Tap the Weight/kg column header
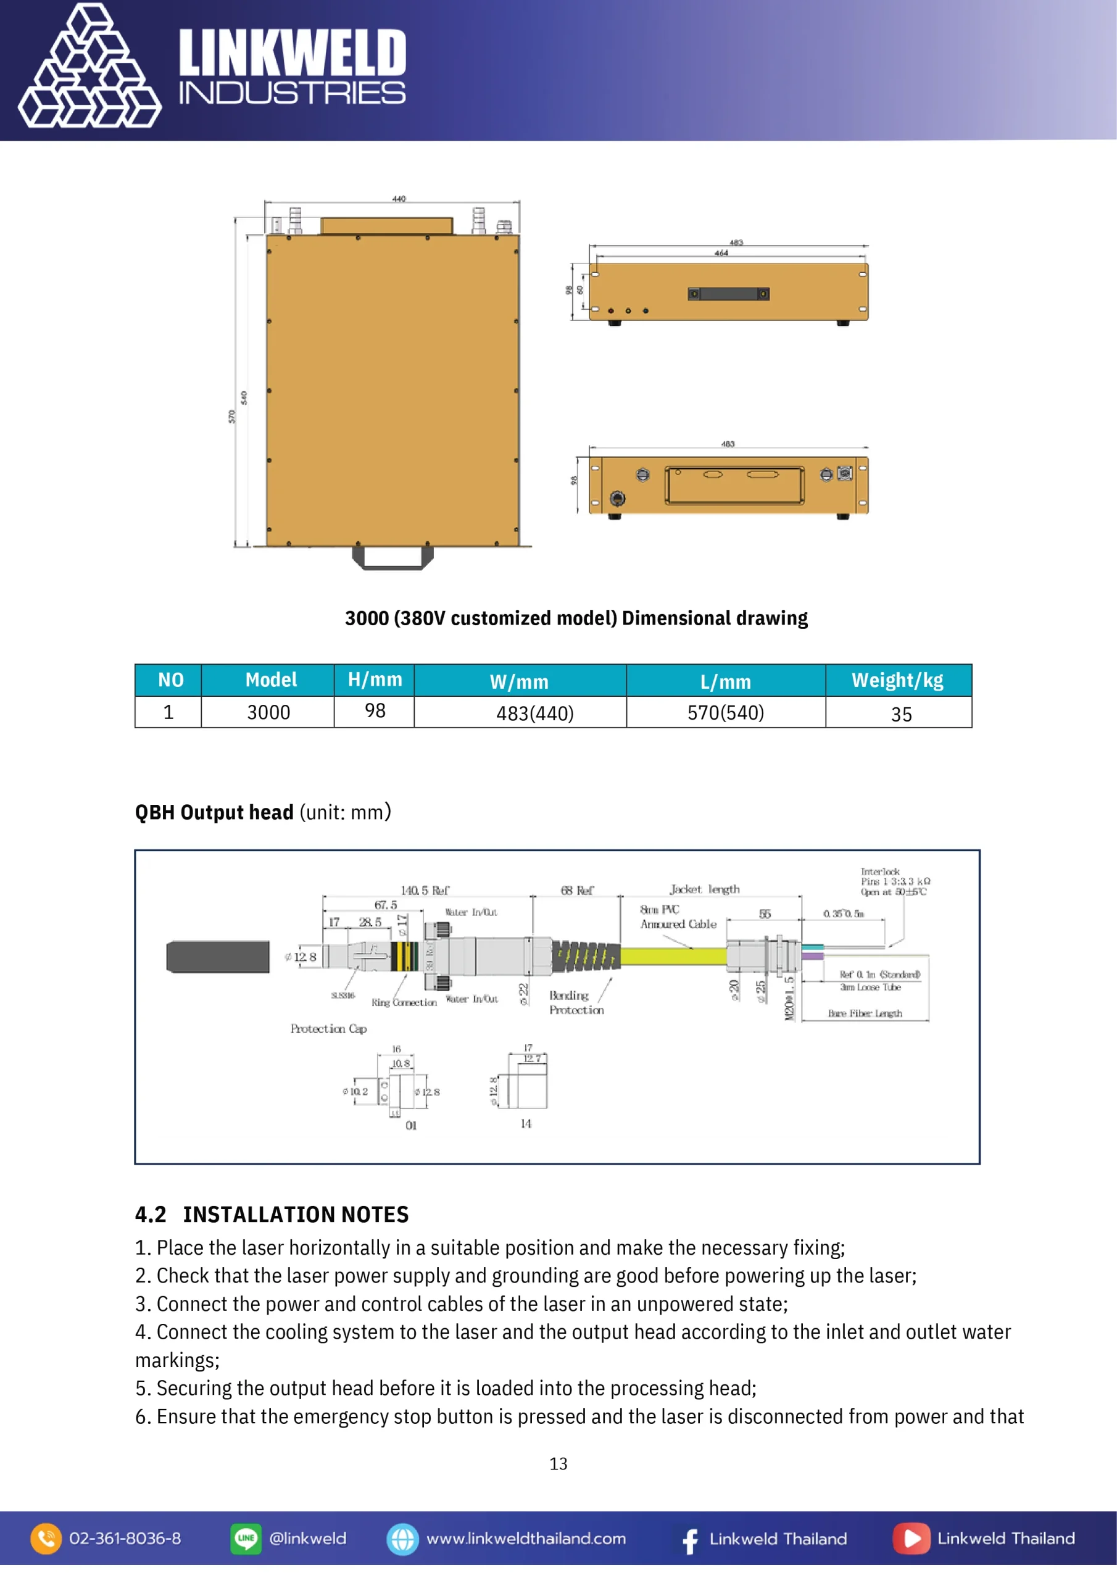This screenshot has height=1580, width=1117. (897, 680)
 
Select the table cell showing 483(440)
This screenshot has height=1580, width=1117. (535, 713)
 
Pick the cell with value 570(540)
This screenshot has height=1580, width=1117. (725, 712)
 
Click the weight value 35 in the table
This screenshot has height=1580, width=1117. (901, 714)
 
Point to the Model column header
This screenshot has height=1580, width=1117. (271, 680)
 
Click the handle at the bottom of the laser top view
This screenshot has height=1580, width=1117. (392, 558)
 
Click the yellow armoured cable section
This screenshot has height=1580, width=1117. (673, 956)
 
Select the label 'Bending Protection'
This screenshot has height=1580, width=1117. (575, 1003)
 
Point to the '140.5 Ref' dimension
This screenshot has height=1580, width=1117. (425, 891)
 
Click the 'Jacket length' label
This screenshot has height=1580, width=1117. (705, 889)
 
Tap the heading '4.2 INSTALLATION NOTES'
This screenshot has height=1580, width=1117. (272, 1215)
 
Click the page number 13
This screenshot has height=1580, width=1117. (558, 1464)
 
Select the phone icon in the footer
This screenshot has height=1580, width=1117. (46, 1539)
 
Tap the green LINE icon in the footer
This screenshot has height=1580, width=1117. (246, 1539)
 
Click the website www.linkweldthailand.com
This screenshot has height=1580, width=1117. (526, 1539)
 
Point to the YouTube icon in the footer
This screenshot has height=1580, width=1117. (911, 1539)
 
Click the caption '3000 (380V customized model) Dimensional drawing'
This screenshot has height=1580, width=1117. (576, 618)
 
